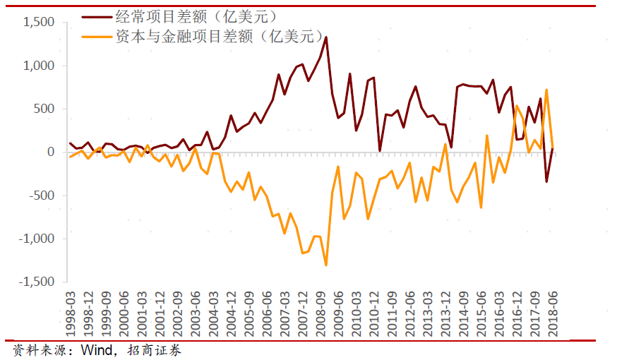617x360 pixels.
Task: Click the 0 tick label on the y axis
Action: [x=51, y=152]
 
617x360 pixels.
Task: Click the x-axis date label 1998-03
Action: [x=71, y=316]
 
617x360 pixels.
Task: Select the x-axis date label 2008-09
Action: [x=320, y=316]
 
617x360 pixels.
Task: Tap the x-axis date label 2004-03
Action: [x=213, y=316]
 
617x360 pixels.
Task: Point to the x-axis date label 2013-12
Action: [x=445, y=316]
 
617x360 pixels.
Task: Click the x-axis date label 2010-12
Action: [x=373, y=316]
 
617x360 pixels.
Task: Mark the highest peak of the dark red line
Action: [x=326, y=37]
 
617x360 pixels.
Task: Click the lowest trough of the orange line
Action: [x=326, y=265]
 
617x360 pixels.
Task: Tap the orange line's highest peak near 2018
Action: [x=546, y=90]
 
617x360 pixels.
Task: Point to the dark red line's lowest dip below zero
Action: [x=546, y=182]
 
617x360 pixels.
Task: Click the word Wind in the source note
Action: [x=97, y=350]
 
